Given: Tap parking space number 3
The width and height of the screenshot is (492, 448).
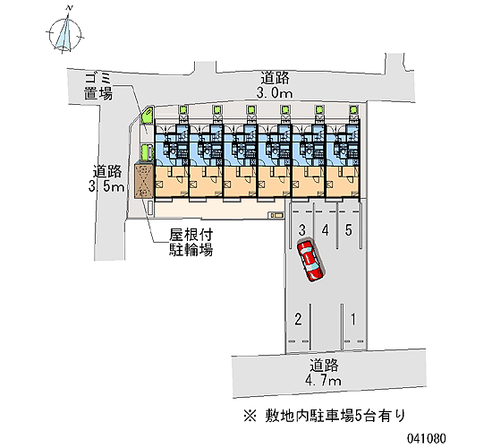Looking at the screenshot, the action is pyautogui.click(x=301, y=230).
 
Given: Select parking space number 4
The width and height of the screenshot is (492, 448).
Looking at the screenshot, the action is pyautogui.click(x=325, y=230).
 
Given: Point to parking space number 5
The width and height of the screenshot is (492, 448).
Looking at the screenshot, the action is pyautogui.click(x=348, y=230).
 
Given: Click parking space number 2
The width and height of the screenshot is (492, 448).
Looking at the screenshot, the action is pyautogui.click(x=298, y=319).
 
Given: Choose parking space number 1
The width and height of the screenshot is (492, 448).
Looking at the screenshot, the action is pyautogui.click(x=353, y=319).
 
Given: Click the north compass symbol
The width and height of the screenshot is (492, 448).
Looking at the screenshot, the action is pyautogui.click(x=65, y=34).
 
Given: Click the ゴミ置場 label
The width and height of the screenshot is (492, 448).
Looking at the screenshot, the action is pyautogui.click(x=98, y=86).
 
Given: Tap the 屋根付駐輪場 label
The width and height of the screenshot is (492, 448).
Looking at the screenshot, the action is pyautogui.click(x=191, y=242).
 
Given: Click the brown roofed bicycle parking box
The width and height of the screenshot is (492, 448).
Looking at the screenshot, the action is pyautogui.click(x=144, y=181).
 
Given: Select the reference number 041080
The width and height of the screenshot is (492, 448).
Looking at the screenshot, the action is pyautogui.click(x=426, y=438).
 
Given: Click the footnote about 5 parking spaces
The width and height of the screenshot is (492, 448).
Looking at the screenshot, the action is pyautogui.click(x=325, y=416).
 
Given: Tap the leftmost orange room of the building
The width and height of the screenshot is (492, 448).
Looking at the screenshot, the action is pyautogui.click(x=172, y=182).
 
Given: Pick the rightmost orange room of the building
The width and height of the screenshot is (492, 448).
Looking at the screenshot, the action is pyautogui.click(x=343, y=182).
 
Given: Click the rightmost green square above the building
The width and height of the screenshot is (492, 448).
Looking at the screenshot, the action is pyautogui.click(x=354, y=109).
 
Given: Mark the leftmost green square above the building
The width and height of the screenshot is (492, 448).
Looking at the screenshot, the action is pyautogui.click(x=182, y=109).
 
